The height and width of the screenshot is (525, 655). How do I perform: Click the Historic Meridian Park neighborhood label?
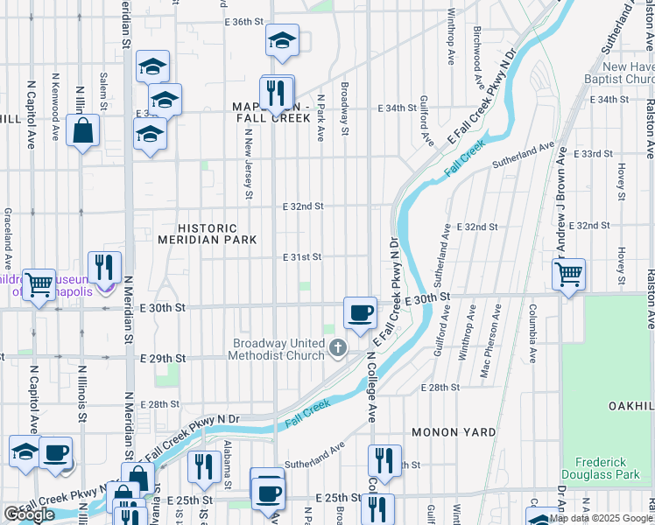point(207,234)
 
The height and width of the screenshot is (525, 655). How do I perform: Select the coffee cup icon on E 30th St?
point(359,312)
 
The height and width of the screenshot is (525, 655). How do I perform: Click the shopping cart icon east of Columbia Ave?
point(568,274)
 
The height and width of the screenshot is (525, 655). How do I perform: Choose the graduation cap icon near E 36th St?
point(282,41)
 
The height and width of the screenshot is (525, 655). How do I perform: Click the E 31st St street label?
point(302,257)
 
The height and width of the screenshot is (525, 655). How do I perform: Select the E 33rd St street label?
point(594,153)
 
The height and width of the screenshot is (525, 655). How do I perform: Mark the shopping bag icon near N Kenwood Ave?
point(82,132)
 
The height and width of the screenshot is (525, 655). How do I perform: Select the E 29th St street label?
point(165,359)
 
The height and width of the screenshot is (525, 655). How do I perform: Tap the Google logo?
point(29,515)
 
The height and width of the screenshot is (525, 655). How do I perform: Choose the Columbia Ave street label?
point(531,333)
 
